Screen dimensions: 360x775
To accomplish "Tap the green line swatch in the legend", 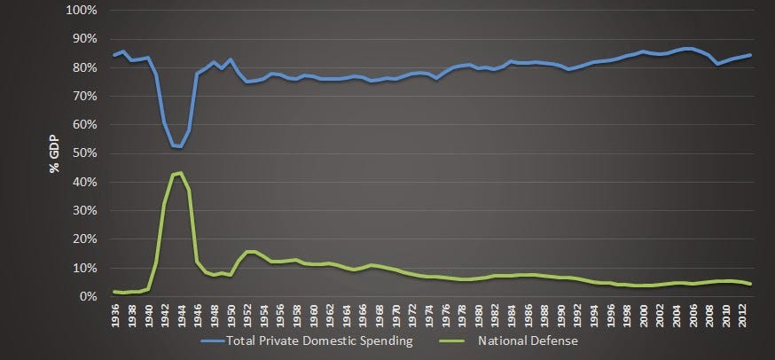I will pyautogui.click(x=453, y=340).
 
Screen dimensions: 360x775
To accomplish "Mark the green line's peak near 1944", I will pyautogui.click(x=180, y=172).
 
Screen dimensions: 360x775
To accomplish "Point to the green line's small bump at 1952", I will pyautogui.click(x=249, y=252).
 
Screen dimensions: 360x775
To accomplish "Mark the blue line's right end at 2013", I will pyautogui.click(x=751, y=55).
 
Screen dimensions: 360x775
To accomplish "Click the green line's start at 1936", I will pyautogui.click(x=114, y=291).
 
